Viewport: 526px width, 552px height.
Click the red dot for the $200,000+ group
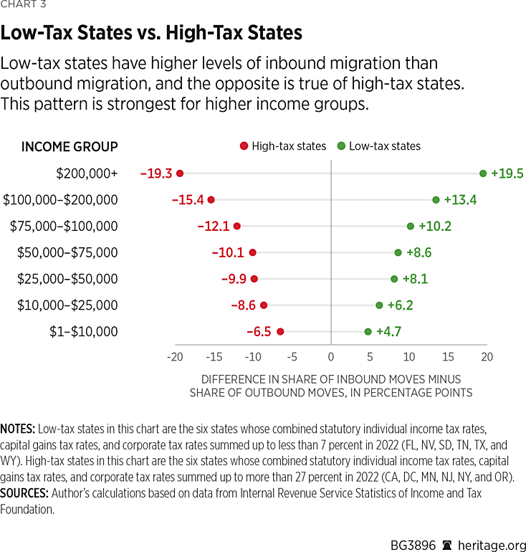point(180,173)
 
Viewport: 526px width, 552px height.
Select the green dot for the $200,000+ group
point(483,173)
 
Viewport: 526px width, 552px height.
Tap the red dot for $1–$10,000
point(280,331)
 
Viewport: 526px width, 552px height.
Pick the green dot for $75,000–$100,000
point(411,226)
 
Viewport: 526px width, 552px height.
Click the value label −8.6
point(243,305)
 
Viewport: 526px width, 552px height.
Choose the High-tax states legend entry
point(283,146)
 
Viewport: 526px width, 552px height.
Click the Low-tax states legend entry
point(380,146)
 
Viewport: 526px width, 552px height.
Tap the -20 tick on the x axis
point(174,357)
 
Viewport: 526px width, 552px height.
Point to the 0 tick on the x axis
point(331,357)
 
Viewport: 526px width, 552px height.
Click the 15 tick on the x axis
point(448,357)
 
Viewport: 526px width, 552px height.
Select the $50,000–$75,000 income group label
point(67,252)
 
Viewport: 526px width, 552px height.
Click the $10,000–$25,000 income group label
point(67,305)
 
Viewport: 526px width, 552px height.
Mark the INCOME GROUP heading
point(70,147)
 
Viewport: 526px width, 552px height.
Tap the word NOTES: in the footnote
point(18,428)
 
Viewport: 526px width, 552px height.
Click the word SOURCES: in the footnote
point(24,493)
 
